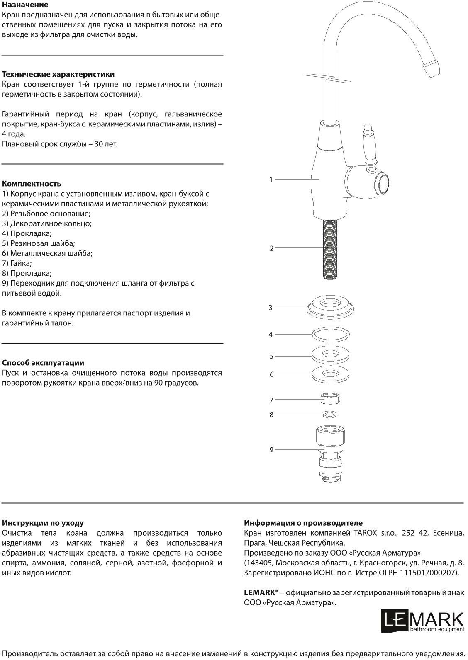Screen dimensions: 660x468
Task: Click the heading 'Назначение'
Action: [25, 5]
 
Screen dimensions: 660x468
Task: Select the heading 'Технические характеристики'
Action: [58, 75]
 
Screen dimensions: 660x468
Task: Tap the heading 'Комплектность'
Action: [32, 184]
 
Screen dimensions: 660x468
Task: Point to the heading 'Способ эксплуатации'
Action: [43, 363]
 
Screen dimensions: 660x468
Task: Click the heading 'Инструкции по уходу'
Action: [43, 523]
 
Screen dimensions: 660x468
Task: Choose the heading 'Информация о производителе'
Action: [303, 523]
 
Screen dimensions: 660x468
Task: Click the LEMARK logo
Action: [422, 621]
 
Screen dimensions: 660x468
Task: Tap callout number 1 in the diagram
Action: [271, 180]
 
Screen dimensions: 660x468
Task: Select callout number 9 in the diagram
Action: [271, 450]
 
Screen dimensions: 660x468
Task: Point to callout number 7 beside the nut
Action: [271, 400]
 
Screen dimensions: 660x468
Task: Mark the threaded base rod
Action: [331, 248]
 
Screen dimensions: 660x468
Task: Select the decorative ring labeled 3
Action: [331, 307]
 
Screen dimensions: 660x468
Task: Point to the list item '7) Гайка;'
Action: [17, 263]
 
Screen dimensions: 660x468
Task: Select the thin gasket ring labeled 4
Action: [331, 334]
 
